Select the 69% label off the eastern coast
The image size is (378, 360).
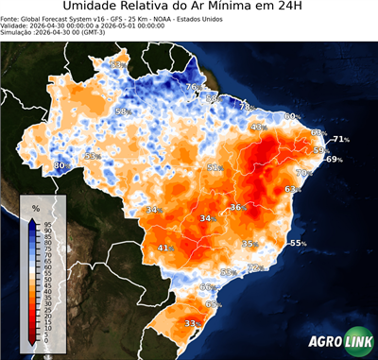[334, 160]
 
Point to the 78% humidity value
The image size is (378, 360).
[245, 107]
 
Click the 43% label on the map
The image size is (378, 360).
[258, 127]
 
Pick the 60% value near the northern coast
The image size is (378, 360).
[292, 117]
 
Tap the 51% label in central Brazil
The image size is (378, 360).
[215, 167]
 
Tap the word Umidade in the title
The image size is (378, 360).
[93, 9]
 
